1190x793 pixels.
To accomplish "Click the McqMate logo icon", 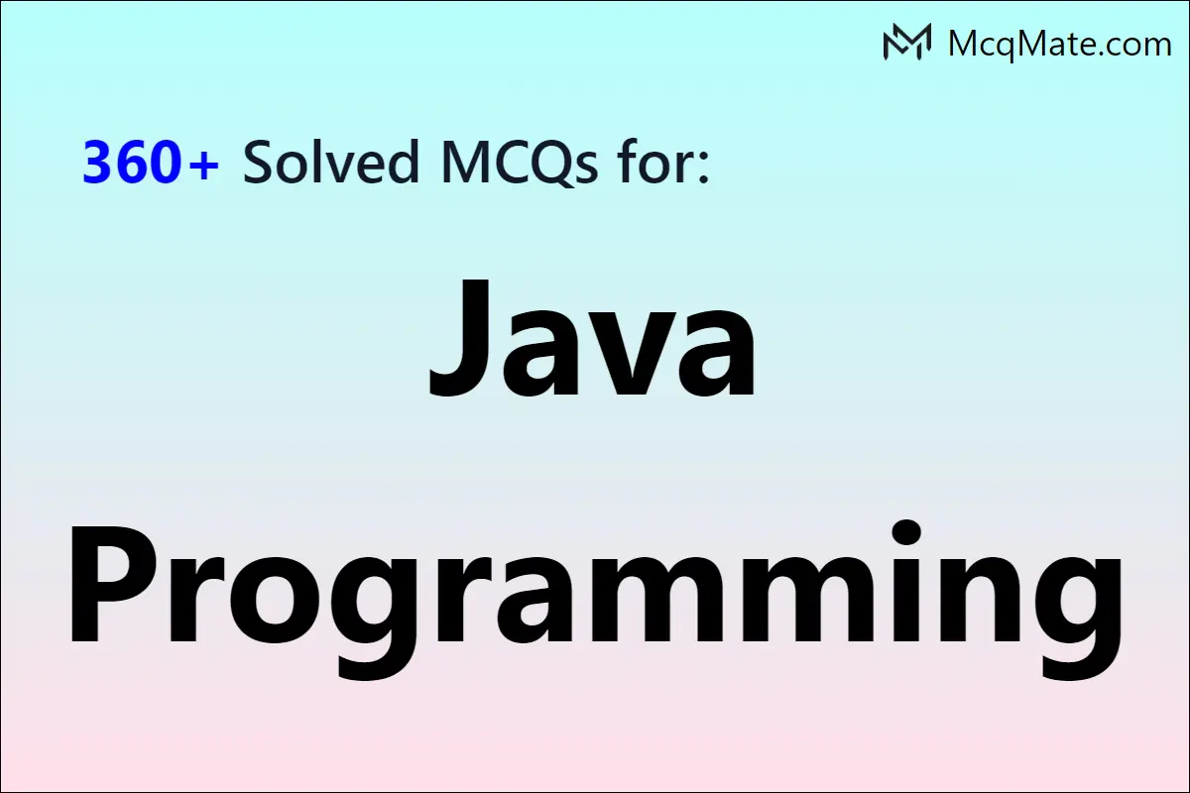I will click(906, 42).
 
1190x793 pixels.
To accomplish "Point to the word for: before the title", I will click(664, 163).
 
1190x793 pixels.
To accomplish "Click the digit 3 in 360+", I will click(98, 163).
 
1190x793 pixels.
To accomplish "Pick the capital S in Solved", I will click(260, 163).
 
